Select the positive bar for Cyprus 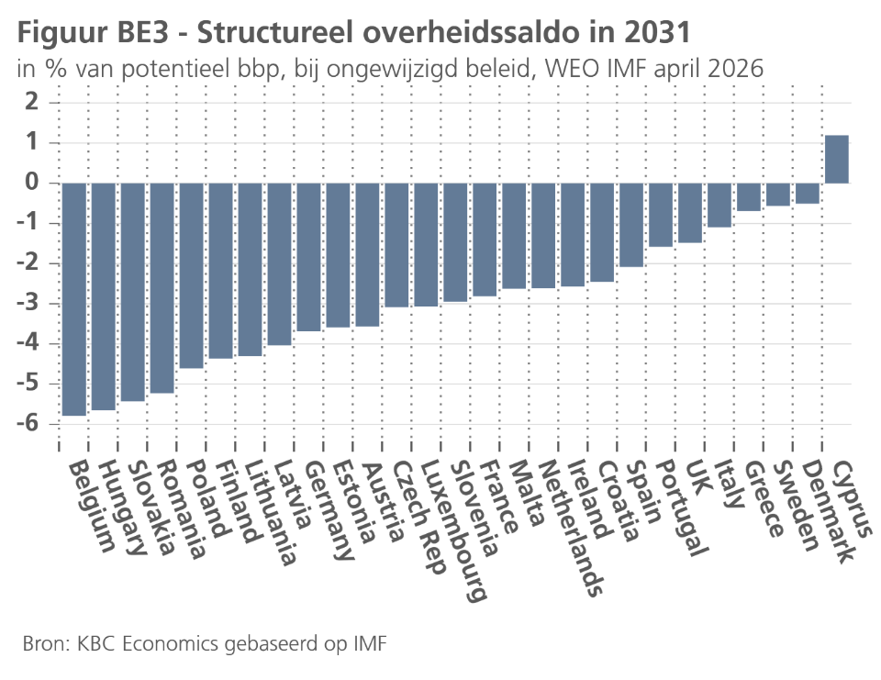click(837, 159)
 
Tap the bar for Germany click(308, 257)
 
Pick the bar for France click(485, 240)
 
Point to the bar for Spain click(631, 225)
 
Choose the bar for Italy click(719, 205)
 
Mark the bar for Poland click(191, 275)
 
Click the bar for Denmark click(808, 193)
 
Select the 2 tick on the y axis click(33, 102)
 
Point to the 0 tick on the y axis click(33, 183)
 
